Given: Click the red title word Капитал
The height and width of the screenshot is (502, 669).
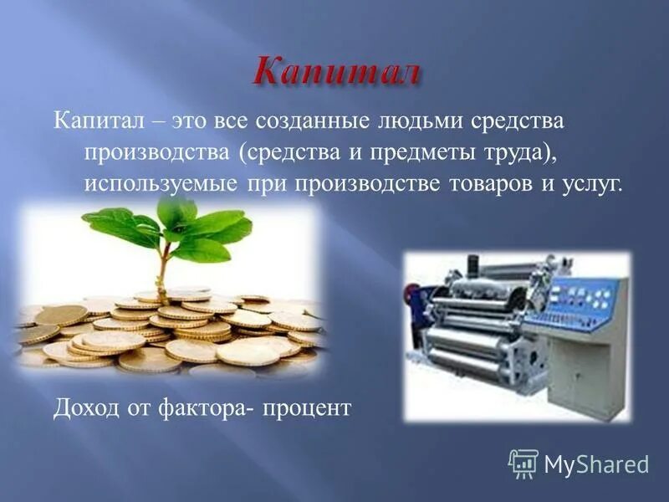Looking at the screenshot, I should coord(335,70).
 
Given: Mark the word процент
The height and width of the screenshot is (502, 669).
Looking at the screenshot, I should coord(306,409).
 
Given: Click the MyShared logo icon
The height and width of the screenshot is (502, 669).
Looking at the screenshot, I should coord(523,463).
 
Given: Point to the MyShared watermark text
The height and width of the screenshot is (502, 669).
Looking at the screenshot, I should coord(597,464).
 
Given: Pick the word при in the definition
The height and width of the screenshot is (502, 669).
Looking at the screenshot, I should coord(261,184).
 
